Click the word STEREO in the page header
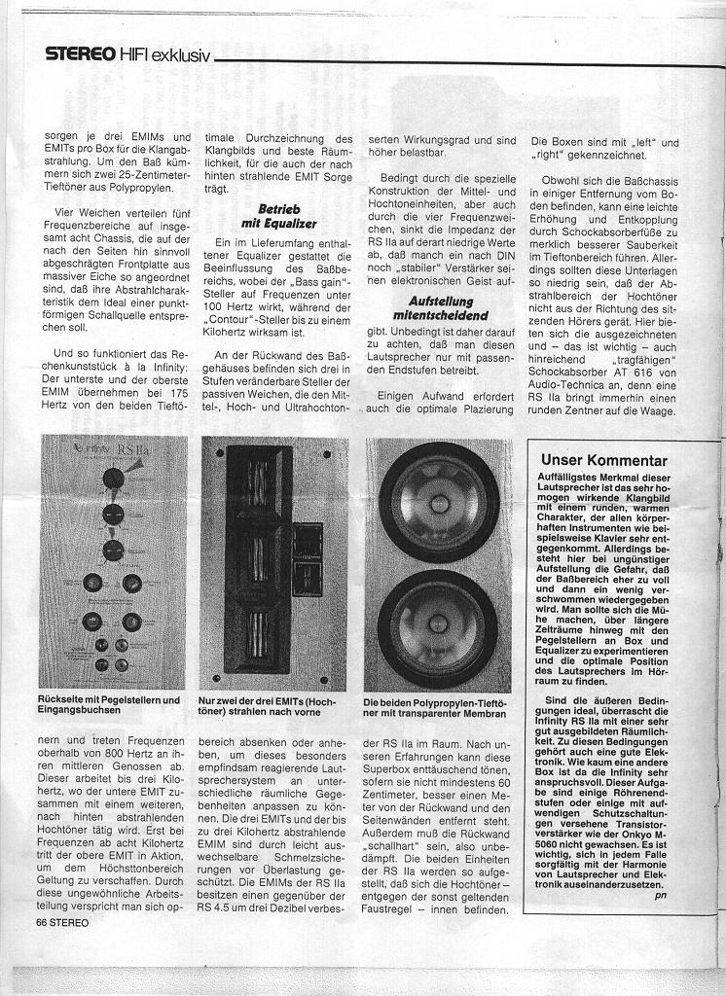[x=78, y=54]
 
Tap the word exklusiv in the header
[x=180, y=54]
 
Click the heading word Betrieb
[x=278, y=210]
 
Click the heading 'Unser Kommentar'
[x=603, y=460]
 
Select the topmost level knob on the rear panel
[x=113, y=478]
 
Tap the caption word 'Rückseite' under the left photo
[x=63, y=699]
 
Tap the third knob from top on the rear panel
[x=112, y=549]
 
